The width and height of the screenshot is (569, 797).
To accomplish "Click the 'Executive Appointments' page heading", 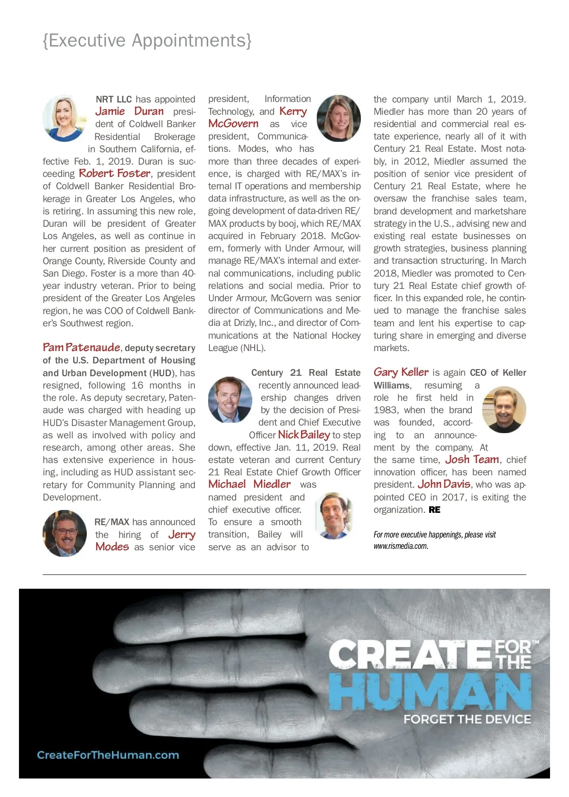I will click(x=147, y=41).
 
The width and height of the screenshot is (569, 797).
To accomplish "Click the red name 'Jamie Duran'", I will click(x=129, y=111).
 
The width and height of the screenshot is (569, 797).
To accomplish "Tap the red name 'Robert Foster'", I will click(x=115, y=174).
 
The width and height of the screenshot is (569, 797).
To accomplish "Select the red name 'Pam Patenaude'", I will click(x=81, y=348).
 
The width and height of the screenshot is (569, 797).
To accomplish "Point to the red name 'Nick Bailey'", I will click(x=304, y=435).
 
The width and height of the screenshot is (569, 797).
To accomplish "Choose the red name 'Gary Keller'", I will click(x=401, y=372).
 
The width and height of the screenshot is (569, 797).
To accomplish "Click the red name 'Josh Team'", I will click(x=472, y=460).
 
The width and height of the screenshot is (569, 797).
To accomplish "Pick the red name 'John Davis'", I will click(x=444, y=484).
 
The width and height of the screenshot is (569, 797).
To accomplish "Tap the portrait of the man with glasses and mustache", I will click(x=65, y=533).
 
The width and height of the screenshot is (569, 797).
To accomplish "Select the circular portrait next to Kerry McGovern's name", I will click(x=338, y=118).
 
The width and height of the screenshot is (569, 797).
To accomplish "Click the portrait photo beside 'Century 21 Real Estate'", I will click(x=230, y=399).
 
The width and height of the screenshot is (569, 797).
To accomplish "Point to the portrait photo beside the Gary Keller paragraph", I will click(x=504, y=409).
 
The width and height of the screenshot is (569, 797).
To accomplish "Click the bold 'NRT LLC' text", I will click(x=114, y=99).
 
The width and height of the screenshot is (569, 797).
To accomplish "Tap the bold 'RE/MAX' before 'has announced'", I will click(x=112, y=522).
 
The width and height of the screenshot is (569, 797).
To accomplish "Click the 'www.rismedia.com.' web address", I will click(x=401, y=546).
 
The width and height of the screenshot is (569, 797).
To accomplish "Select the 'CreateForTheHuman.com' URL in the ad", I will click(x=108, y=755).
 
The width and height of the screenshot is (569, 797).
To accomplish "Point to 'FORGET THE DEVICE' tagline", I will click(x=467, y=719).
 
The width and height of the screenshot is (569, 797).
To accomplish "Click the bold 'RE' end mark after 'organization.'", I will click(x=434, y=510).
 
